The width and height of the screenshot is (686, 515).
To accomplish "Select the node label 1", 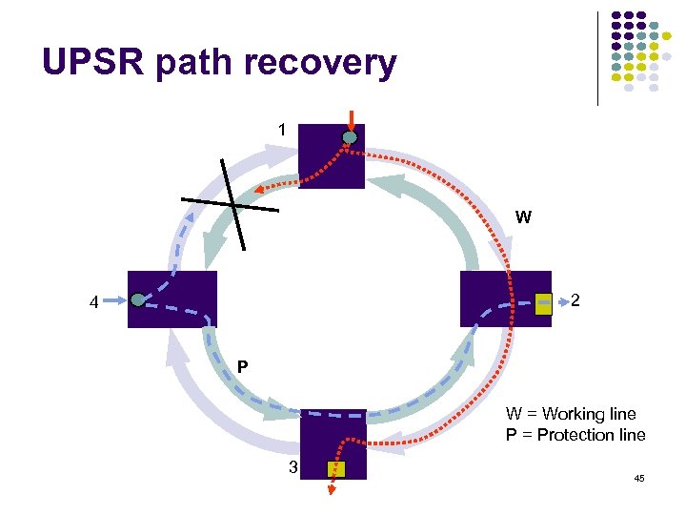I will coord(281,129).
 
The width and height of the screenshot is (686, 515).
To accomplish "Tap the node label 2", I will coord(576,301).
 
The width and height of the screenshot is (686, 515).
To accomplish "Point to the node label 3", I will coord(293,466).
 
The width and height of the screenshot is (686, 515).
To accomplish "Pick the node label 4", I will coord(93,304).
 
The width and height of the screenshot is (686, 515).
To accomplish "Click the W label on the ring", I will coord(523,217).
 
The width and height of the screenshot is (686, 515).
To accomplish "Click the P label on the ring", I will coord(243,366).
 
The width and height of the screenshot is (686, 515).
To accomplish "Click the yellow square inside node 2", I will coord(543,304).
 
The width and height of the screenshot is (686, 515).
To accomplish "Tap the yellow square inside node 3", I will coord(336,469).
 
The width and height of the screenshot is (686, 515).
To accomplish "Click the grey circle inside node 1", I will coord(350,138).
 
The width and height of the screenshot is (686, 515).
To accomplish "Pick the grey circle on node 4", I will coord(139,300).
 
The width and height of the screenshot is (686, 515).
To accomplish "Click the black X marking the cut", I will coord(232,205).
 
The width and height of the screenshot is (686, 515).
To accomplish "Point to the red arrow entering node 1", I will coord(352,119).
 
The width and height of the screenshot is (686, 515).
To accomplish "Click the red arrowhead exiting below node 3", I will coord(333,490).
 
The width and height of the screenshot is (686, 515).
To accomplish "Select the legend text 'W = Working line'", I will coord(570,414).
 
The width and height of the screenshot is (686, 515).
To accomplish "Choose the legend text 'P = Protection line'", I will coord(575,435).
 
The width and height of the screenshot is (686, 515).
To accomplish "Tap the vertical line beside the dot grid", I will coord(598,57).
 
